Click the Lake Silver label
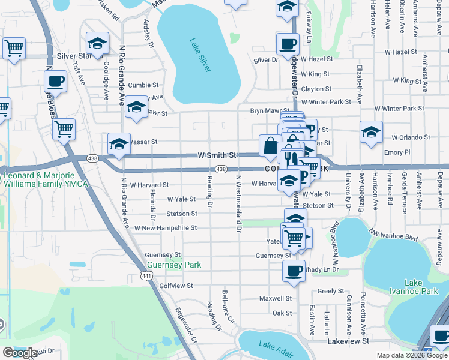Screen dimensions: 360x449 click(200, 56)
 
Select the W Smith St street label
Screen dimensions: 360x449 click(218, 155)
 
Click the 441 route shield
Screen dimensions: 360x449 click(146, 275)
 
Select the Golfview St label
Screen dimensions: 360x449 click(176, 286)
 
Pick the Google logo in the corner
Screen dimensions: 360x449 click(20, 353)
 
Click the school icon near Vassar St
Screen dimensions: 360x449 click(119, 144)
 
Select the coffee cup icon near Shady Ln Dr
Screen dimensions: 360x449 click(294, 270)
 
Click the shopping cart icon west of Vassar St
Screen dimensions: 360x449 click(64, 128)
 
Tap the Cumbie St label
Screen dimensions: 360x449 click(143, 85)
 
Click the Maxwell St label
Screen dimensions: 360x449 click(276, 298)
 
